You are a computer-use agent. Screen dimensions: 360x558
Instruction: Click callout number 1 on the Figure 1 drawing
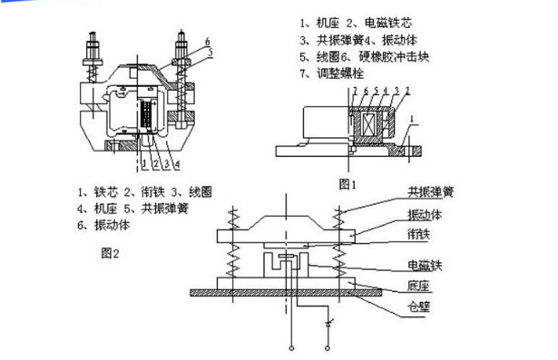click(407, 118)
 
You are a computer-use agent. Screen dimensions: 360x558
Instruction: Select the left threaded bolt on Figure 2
click(93, 54)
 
